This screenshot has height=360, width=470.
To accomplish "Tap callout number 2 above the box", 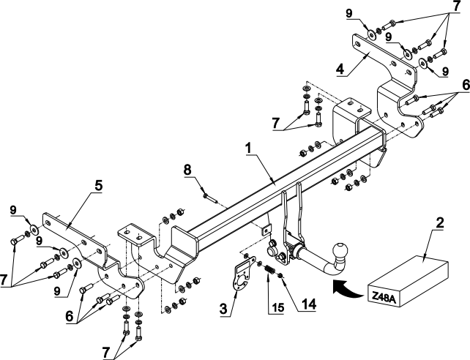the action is pyautogui.click(x=440, y=223).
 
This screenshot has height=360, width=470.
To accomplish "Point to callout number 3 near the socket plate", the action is pyautogui.click(x=223, y=309).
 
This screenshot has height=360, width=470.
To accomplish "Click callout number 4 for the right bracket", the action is pyautogui.click(x=340, y=70).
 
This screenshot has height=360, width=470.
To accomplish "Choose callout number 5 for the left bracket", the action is pyautogui.click(x=98, y=186).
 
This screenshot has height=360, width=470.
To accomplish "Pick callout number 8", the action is pyautogui.click(x=187, y=170).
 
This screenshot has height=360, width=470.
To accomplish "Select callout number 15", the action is pyautogui.click(x=278, y=307).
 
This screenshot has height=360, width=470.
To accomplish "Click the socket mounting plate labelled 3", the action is pyautogui.click(x=243, y=274).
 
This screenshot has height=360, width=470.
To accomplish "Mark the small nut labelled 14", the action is pyautogui.click(x=281, y=275).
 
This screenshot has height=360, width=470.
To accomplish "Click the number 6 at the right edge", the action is pyautogui.click(x=466, y=86).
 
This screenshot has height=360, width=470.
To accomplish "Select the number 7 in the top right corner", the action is pyautogui.click(x=457, y=7).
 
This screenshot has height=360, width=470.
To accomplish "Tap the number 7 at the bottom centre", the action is pyautogui.click(x=105, y=353).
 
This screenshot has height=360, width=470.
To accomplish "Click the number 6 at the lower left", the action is pyautogui.click(x=70, y=316).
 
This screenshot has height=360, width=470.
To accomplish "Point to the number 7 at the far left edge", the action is pyautogui.click(x=4, y=281).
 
